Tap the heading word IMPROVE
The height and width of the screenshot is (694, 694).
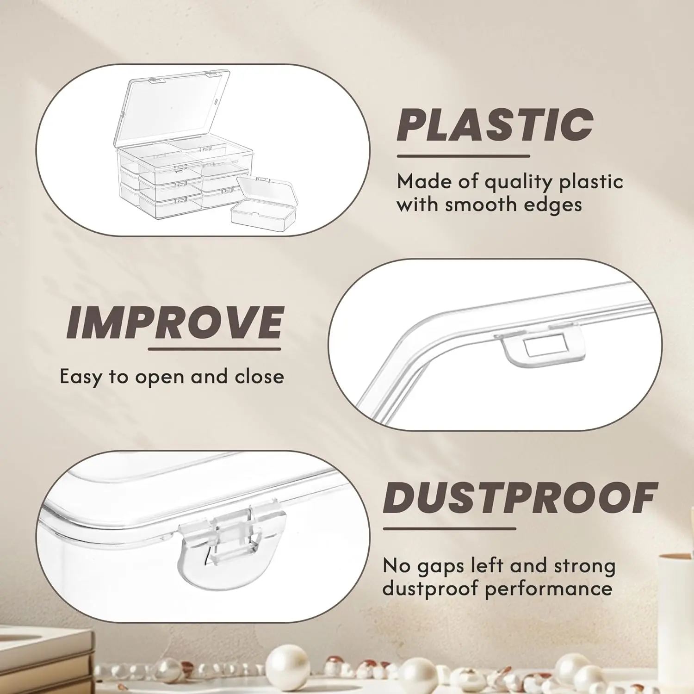click(174, 322)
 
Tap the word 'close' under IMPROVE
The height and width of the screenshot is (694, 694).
click(259, 376)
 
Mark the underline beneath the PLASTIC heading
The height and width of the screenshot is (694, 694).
click(463, 156)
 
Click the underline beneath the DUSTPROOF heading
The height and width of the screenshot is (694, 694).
click(449, 528)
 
